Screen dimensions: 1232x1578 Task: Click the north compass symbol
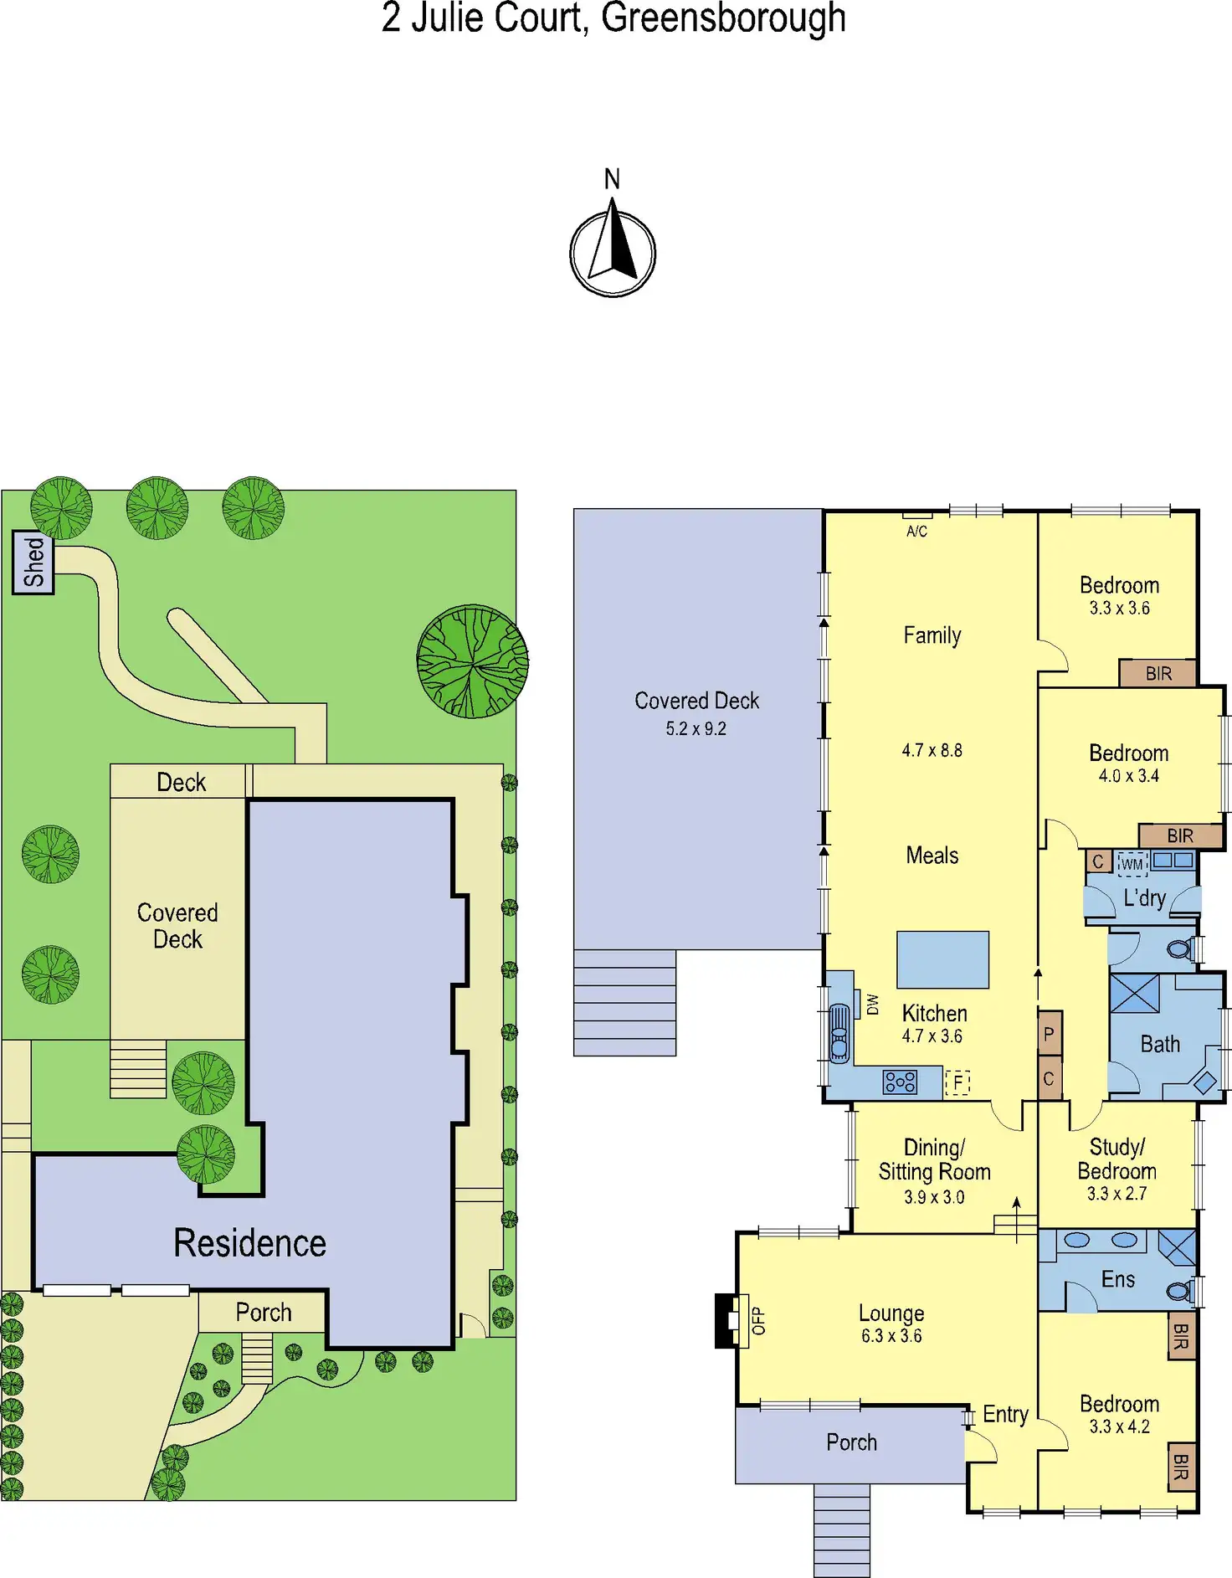pos(613,252)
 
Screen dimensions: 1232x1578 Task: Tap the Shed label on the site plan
pos(33,562)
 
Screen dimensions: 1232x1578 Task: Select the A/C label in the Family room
pos(916,531)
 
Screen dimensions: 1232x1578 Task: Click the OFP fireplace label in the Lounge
pos(758,1320)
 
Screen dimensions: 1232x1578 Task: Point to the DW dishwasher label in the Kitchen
pos(873,1004)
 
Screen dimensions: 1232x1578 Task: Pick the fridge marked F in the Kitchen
pos(957,1082)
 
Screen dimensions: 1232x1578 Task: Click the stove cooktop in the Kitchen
pos(900,1082)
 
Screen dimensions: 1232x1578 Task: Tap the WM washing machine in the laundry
pos(1132,863)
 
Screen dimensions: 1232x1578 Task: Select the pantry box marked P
pos(1049,1035)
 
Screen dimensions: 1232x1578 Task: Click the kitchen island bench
pos(942,959)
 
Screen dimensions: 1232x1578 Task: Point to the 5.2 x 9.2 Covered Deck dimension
pos(696,728)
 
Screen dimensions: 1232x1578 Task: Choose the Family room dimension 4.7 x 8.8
pos(932,750)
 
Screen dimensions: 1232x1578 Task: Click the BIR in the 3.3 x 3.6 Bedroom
pos(1158,673)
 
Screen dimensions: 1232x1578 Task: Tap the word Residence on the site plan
pos(249,1243)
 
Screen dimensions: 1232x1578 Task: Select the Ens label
pos(1117,1279)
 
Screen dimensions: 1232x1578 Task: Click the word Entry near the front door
pos(1005,1414)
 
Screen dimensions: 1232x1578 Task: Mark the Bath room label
pos(1160,1044)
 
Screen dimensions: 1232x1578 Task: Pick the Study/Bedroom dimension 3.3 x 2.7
pos(1116,1194)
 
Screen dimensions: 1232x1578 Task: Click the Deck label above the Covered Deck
pos(181,782)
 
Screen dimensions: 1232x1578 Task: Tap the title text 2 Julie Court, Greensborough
pos(613,18)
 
